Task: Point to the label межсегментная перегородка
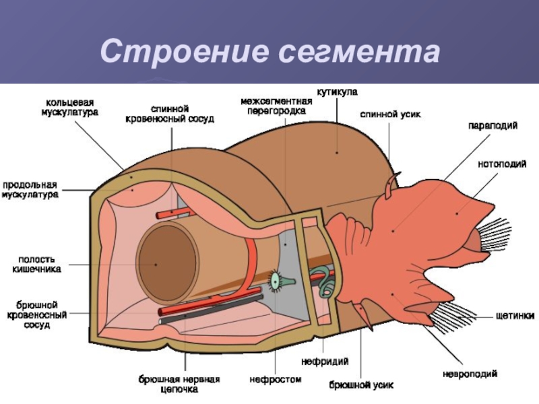coord(276,105)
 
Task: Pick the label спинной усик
coord(390,114)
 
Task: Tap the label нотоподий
coord(502,164)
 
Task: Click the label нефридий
coord(327,362)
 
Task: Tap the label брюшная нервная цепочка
coord(180,384)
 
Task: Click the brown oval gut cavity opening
coord(167,259)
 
